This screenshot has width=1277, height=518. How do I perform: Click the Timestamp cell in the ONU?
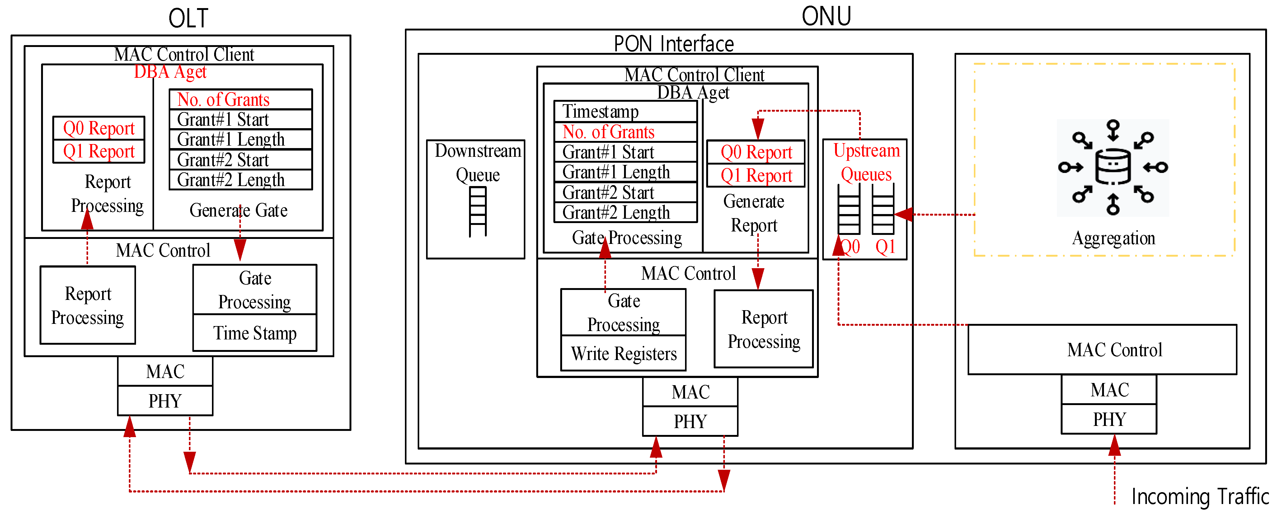point(625,111)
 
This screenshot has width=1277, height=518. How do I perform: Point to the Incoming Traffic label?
point(1200,496)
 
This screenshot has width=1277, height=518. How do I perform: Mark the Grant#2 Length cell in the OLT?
point(240,180)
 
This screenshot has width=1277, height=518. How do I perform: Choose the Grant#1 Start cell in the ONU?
point(625,152)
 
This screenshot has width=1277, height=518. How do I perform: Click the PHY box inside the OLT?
point(165,400)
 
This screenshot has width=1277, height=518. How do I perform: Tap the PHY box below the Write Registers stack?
point(690,421)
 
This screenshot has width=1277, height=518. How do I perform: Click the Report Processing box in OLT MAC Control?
point(88,305)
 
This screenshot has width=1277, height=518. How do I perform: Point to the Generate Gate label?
point(238,210)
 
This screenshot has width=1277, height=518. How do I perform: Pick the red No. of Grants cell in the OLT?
point(240,100)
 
